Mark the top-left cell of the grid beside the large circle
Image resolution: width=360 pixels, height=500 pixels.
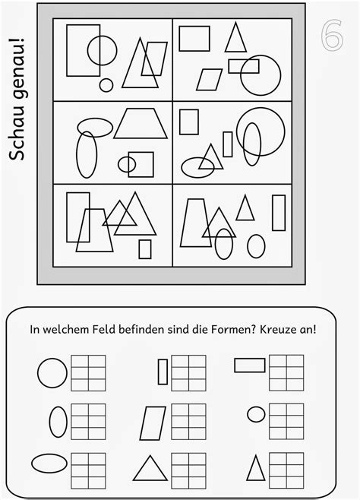[80, 361]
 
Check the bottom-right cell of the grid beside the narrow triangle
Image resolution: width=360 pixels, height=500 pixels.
[295, 483]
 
